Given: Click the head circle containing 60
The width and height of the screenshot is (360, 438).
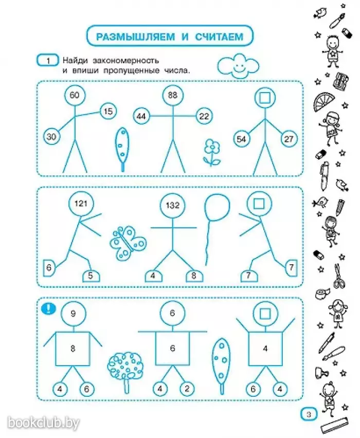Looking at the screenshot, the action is click(x=75, y=96).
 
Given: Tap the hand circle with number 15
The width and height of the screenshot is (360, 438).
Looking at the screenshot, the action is click(x=108, y=112).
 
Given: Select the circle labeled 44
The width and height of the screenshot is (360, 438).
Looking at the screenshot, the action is click(x=141, y=116).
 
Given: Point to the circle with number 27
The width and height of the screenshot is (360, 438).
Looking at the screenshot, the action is click(x=289, y=139).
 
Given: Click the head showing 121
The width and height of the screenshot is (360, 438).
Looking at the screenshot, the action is click(x=81, y=204).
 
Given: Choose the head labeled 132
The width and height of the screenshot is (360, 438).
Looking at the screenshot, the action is click(x=172, y=206).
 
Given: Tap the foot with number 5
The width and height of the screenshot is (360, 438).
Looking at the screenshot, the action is click(x=91, y=276).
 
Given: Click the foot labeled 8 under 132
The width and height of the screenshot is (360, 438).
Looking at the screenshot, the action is click(x=194, y=276).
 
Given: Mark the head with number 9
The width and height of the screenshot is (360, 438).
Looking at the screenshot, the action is click(x=73, y=314).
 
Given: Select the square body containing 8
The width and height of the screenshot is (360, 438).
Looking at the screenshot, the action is click(x=73, y=349).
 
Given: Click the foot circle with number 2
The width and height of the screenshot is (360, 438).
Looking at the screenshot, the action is click(x=187, y=389).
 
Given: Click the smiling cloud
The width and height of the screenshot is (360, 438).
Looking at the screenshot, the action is click(x=238, y=66).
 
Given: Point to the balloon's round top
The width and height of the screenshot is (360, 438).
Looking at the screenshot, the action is click(x=217, y=207).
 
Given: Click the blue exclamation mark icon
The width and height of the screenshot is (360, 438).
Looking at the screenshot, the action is click(x=48, y=308).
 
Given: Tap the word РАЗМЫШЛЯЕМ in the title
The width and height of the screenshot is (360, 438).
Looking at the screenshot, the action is click(x=136, y=36).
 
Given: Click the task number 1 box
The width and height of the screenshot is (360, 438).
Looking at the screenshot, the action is click(x=48, y=60).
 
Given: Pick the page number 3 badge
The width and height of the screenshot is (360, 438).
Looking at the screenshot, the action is click(x=309, y=414).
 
